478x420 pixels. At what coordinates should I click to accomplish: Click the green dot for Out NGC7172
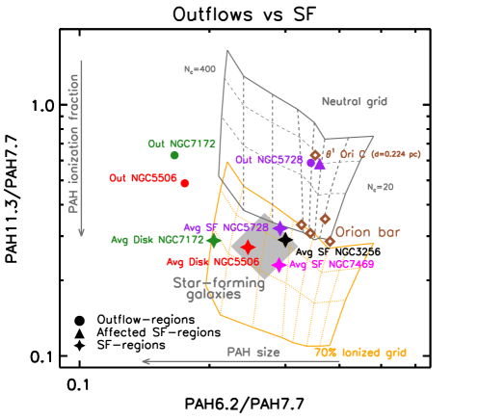click(x=174, y=155)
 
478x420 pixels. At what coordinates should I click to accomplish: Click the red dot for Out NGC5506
click(x=185, y=183)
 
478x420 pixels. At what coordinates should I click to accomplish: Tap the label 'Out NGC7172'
click(x=181, y=144)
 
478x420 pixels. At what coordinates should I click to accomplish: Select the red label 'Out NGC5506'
click(x=143, y=178)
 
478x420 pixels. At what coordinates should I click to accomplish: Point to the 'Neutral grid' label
click(x=355, y=101)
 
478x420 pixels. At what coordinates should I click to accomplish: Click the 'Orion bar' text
click(x=366, y=232)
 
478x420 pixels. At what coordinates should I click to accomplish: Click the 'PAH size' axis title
click(x=253, y=353)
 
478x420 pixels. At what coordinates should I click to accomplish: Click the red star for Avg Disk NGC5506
click(x=248, y=248)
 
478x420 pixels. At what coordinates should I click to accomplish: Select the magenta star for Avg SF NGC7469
click(x=279, y=265)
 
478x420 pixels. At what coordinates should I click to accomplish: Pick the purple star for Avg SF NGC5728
click(x=280, y=228)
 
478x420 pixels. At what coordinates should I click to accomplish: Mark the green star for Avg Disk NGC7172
click(x=213, y=241)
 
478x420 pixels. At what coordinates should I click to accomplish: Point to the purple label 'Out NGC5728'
click(x=269, y=160)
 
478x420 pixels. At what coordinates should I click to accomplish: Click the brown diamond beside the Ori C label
click(x=315, y=154)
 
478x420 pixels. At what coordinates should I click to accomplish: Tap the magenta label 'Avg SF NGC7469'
click(x=332, y=264)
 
